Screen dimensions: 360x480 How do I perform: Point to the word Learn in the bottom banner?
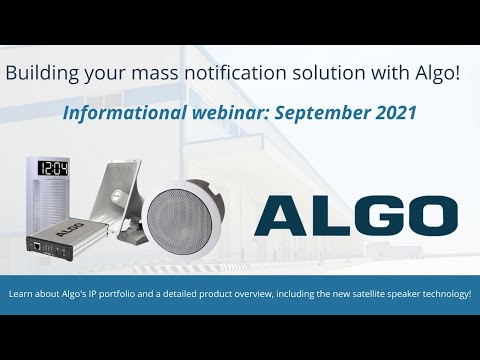(x=21, y=294)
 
